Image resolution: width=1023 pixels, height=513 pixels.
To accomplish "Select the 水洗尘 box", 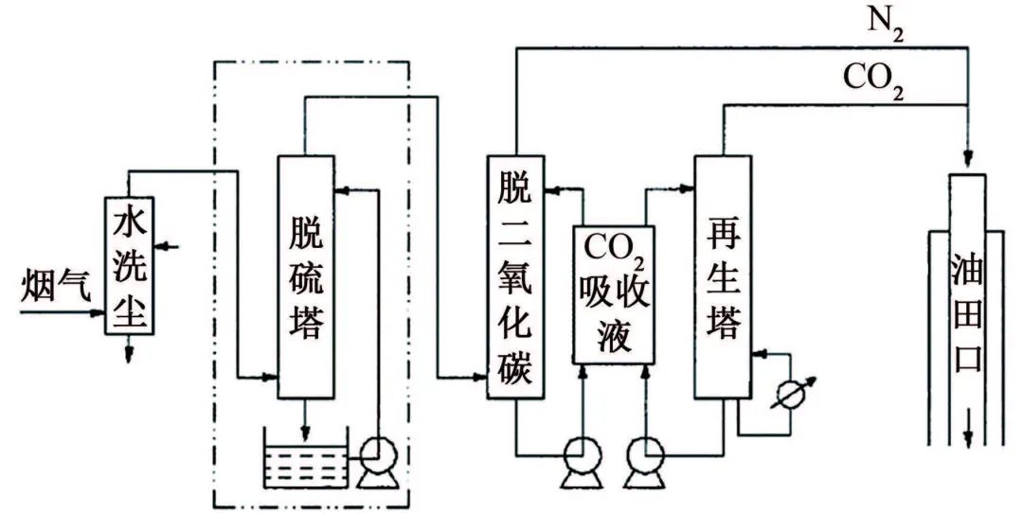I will (131, 265).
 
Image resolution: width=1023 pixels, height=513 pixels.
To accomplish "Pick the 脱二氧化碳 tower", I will (515, 274).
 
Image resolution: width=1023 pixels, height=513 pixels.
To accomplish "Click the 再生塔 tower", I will (723, 274).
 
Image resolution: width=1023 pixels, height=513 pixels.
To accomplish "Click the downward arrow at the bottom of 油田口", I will (968, 437).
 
